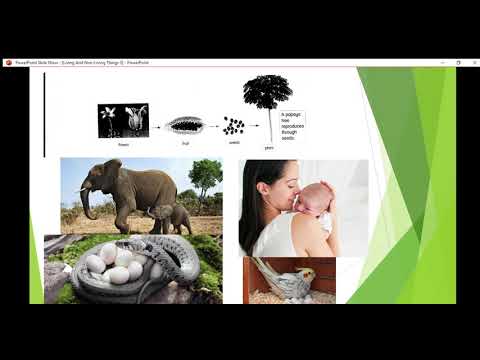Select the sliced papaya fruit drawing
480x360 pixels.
185,125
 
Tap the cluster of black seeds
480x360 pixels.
233,126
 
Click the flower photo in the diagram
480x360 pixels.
123,120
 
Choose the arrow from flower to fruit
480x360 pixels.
157,126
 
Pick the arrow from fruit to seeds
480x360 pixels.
212,126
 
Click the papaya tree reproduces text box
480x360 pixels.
293,124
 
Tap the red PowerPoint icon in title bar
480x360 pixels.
9,62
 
